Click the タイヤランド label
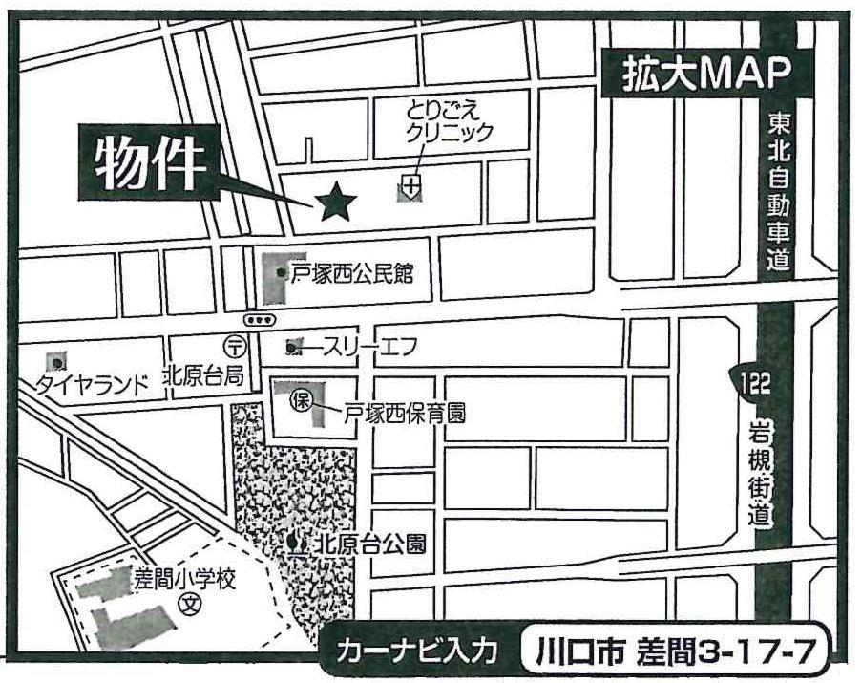tap(93, 384)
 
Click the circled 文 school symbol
tap(193, 605)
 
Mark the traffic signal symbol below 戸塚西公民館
tap(261, 319)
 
